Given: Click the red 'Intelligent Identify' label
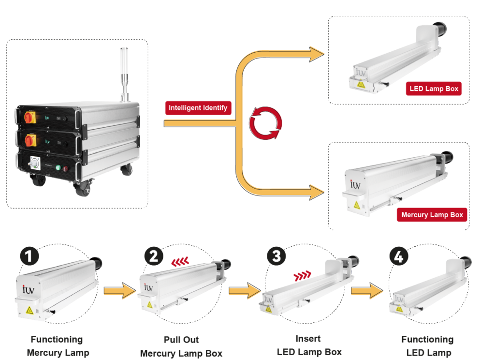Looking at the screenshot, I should (198, 108).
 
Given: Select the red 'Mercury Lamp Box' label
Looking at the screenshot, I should (432, 215).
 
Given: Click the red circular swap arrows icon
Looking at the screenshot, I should (264, 123).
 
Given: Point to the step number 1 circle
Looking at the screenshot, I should (29, 256).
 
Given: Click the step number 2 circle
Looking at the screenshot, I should (153, 256).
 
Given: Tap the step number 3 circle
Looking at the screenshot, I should (276, 256).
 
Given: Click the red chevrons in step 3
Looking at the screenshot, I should (302, 276).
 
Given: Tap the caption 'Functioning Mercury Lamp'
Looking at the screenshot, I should (57, 346).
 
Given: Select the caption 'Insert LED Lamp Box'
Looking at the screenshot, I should (309, 345).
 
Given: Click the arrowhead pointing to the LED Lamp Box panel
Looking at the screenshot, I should (317, 53).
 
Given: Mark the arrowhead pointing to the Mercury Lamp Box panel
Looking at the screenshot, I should (317, 192).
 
